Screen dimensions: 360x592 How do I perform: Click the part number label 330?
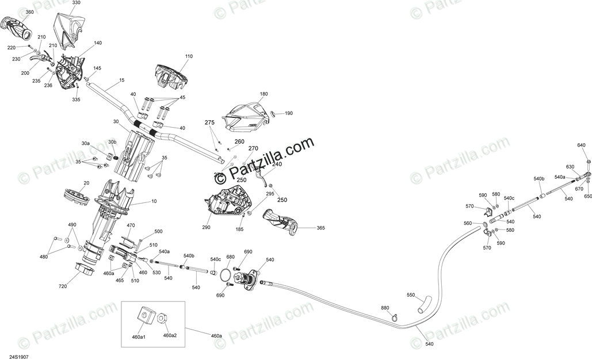pos(76,3)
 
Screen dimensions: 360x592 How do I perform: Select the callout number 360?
pos(29,12)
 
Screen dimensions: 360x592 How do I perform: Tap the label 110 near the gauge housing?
pos(189,56)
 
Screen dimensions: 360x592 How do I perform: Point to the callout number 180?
pos(264,94)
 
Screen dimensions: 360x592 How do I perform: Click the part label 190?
pos(289,113)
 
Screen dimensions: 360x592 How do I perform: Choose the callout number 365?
pos(320,228)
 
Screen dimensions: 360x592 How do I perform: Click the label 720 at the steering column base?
pos(63,286)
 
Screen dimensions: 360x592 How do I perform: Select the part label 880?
pos(385,308)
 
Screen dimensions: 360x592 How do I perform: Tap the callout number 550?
pos(411,295)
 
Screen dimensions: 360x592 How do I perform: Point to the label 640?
pos(582,145)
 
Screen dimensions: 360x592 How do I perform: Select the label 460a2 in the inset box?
pos(170,335)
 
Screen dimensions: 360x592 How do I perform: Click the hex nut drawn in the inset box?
pos(163,317)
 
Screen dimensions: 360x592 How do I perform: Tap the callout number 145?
pos(97,68)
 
